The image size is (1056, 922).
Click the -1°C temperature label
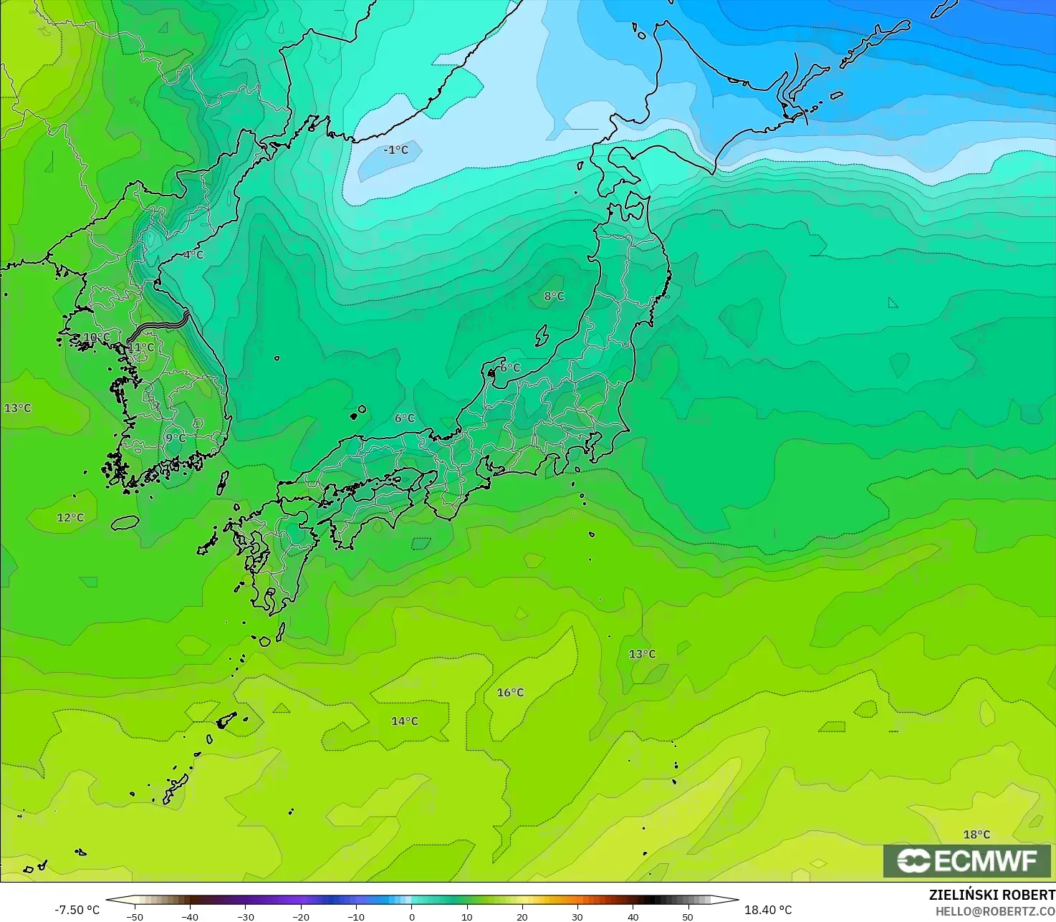pyautogui.click(x=395, y=150)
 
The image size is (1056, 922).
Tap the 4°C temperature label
pyautogui.click(x=193, y=255)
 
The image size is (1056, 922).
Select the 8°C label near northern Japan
pyautogui.click(x=554, y=297)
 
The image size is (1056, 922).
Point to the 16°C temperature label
pyautogui.click(x=510, y=693)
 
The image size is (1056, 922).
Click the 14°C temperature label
pyautogui.click(x=404, y=721)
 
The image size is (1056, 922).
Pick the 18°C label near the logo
pyautogui.click(x=976, y=835)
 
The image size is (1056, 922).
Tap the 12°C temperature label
pyautogui.click(x=70, y=518)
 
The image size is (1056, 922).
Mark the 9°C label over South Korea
pyautogui.click(x=176, y=438)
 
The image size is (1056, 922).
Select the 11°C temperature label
pyautogui.click(x=141, y=347)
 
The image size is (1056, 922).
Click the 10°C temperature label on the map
pyautogui.click(x=97, y=337)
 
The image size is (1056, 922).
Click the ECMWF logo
pyautogui.click(x=966, y=860)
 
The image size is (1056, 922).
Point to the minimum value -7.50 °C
pyautogui.click(x=77, y=910)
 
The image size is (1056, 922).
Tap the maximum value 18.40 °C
pyautogui.click(x=768, y=910)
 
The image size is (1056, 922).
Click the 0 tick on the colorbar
pyautogui.click(x=411, y=916)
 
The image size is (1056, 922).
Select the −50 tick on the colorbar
pyautogui.click(x=135, y=916)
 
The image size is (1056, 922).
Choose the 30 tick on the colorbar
pyautogui.click(x=577, y=916)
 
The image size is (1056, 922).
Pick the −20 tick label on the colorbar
pyautogui.click(x=300, y=916)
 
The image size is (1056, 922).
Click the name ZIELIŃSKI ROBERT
pyautogui.click(x=992, y=895)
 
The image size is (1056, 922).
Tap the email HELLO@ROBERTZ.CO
pyautogui.click(x=995, y=911)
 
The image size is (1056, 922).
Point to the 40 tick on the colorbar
pyautogui.click(x=633, y=916)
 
